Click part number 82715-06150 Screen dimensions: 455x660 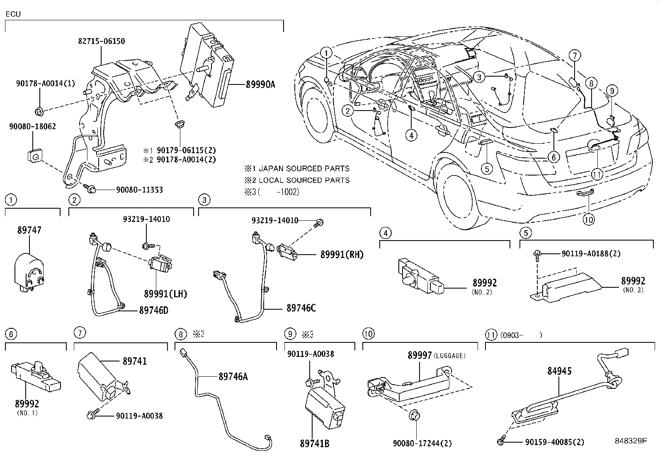[101, 41]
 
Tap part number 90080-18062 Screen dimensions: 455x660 [32, 127]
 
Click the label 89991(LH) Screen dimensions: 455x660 [166, 294]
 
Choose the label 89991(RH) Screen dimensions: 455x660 [342, 255]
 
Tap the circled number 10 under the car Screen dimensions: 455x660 [589, 219]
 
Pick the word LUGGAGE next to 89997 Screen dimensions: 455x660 [451, 356]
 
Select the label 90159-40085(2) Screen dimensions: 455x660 [551, 442]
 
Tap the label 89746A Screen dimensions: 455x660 [233, 376]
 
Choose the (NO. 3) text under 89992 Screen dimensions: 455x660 [633, 290]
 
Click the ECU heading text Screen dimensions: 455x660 [13, 14]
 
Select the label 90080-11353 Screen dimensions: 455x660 [136, 190]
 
